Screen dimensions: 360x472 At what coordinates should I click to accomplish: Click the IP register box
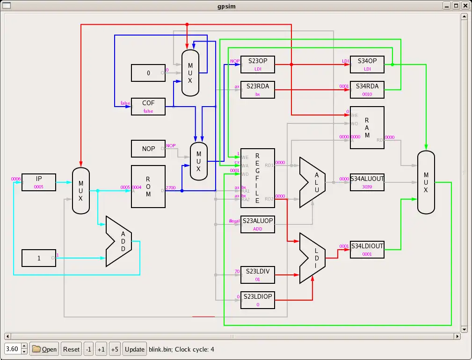39,182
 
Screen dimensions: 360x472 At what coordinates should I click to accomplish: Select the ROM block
148,187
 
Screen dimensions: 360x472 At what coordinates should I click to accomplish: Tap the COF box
148,106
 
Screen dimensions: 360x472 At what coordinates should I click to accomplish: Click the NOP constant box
148,149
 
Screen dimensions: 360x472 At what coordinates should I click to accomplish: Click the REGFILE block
257,178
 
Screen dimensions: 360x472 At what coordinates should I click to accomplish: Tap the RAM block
367,128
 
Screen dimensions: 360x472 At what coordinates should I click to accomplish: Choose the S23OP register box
257,65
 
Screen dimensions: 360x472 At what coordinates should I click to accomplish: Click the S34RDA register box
367,90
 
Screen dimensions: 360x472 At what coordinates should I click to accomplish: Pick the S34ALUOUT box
367,182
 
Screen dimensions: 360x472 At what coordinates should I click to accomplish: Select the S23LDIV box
257,275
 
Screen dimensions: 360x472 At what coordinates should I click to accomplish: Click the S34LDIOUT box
367,250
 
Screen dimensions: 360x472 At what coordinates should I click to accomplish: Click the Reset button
72,349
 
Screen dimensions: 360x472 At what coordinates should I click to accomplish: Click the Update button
135,349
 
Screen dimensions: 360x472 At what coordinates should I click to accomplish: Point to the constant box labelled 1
39,258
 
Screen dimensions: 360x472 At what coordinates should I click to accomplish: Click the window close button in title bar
465,6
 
